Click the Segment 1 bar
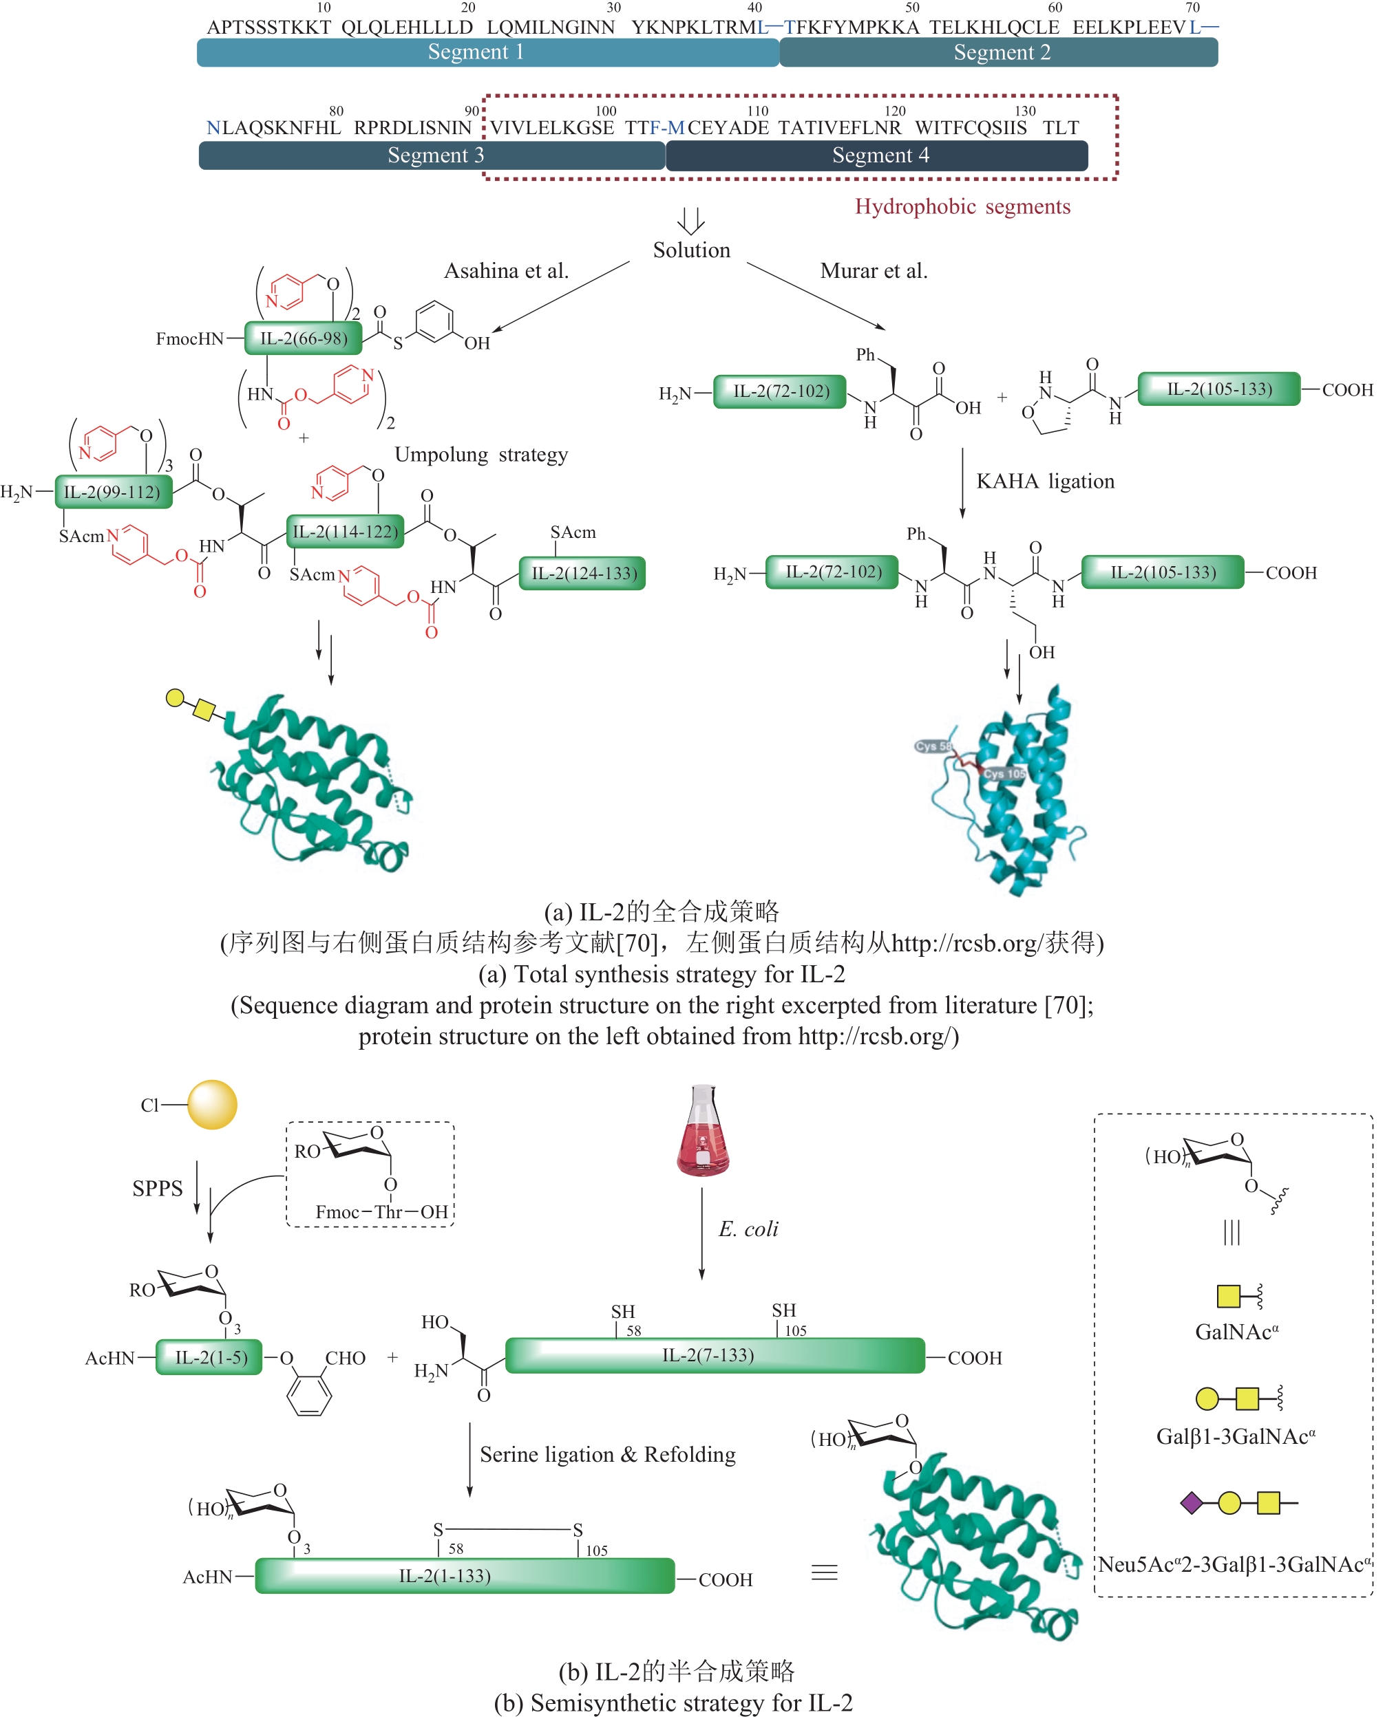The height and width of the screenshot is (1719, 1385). (487, 52)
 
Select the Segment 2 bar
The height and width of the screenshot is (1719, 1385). (997, 52)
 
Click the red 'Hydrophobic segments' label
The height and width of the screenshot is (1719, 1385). (962, 206)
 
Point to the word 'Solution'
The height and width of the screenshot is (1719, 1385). (691, 250)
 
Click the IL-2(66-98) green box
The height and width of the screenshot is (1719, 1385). (303, 338)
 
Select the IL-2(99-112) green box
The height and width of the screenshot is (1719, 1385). (112, 492)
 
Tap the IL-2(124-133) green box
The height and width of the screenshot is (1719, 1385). (582, 573)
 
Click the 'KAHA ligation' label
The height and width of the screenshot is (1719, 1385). (1044, 482)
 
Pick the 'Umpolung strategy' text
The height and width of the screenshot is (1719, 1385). (481, 455)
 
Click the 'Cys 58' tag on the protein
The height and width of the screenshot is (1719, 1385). (933, 746)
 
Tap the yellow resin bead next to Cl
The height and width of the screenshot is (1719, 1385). (212, 1104)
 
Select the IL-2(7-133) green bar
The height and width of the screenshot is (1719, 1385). (715, 1355)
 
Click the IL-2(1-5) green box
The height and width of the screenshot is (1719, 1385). (209, 1357)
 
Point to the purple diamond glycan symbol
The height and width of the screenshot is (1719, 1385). (1191, 1503)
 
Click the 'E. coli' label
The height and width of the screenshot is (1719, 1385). (748, 1229)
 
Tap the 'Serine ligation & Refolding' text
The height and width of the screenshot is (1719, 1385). (607, 1454)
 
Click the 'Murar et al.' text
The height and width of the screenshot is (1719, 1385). (874, 271)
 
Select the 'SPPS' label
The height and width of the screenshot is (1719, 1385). (157, 1188)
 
